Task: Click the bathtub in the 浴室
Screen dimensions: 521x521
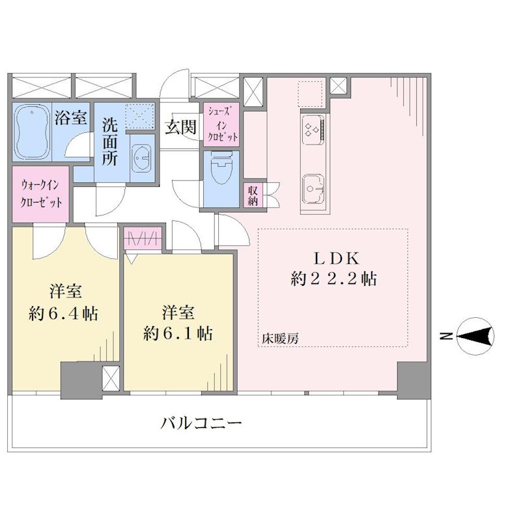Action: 31,132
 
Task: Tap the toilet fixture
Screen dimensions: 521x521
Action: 221,169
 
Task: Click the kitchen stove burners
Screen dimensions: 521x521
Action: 313,129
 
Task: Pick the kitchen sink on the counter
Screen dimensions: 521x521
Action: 313,189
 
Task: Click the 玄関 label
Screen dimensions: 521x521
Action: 181,126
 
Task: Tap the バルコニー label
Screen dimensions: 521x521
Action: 201,423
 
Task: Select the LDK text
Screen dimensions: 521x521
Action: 336,259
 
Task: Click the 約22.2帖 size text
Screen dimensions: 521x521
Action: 333,279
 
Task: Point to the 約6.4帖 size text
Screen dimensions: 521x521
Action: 63,313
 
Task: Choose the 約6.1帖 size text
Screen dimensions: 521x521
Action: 178,333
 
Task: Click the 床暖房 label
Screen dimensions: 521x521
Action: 280,339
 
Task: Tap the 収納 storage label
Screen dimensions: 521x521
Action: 253,196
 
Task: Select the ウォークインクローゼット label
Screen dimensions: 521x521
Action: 41,193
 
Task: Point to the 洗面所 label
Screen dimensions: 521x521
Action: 109,141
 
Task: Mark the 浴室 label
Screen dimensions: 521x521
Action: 71,117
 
